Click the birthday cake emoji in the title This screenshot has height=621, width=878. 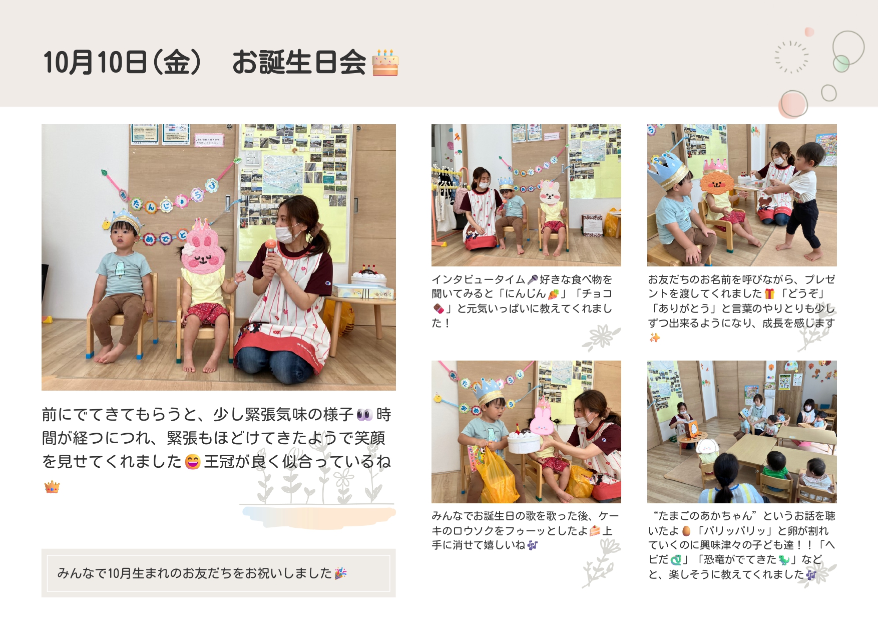[385, 63]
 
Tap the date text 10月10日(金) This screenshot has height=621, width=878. [122, 63]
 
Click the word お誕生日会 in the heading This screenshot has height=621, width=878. [299, 63]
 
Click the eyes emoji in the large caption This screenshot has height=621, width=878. [364, 415]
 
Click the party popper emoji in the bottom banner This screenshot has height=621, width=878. [341, 573]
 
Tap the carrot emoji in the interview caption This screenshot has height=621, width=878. [553, 294]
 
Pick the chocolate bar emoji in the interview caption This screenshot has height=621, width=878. [438, 308]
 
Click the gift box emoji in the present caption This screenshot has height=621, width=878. [769, 294]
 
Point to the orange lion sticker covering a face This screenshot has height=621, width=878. [717, 182]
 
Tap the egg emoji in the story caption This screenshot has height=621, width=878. [687, 531]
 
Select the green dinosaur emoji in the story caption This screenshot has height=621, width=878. [784, 560]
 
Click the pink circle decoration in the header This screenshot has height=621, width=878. [793, 104]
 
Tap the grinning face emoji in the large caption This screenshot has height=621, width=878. [193, 461]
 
